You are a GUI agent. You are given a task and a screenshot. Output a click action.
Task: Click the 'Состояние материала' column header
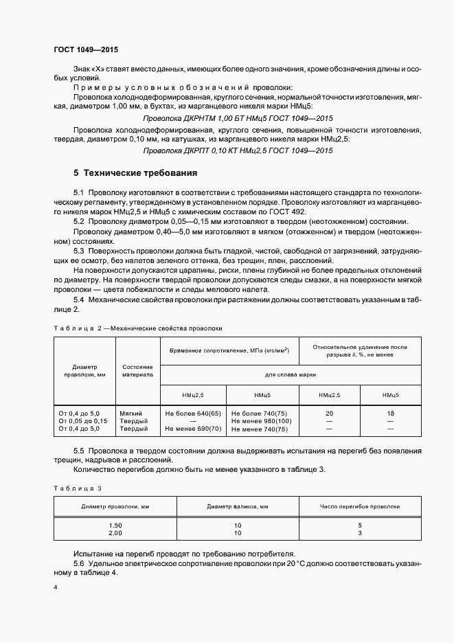137,372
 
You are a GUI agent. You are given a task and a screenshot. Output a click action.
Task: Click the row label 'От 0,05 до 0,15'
83,420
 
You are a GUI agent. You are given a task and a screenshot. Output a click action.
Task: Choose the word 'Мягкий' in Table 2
130,413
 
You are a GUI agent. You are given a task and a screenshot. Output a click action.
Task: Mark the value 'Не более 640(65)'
193,413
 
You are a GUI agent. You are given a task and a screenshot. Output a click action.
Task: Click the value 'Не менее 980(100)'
262,420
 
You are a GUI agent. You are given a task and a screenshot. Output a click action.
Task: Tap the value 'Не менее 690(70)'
193,429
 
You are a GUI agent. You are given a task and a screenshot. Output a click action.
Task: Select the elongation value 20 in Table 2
329,413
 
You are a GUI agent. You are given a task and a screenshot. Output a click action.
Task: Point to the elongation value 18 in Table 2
391,413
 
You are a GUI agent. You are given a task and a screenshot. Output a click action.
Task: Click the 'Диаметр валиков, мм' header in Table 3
237,506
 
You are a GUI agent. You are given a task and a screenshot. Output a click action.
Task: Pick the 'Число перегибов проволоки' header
359,506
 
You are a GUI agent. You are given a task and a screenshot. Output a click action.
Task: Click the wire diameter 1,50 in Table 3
115,526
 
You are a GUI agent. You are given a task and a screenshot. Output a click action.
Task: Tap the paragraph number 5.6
78,564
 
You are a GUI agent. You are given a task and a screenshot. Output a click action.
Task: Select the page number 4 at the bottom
56,588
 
